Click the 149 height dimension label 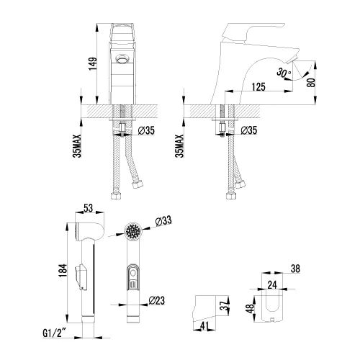93,63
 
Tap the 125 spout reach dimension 258,86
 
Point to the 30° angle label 284,72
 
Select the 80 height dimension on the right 311,83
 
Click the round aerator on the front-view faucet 122,59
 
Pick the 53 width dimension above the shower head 89,208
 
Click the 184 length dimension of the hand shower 63,271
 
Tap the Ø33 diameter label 163,220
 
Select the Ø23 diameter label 156,300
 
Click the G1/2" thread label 55,333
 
